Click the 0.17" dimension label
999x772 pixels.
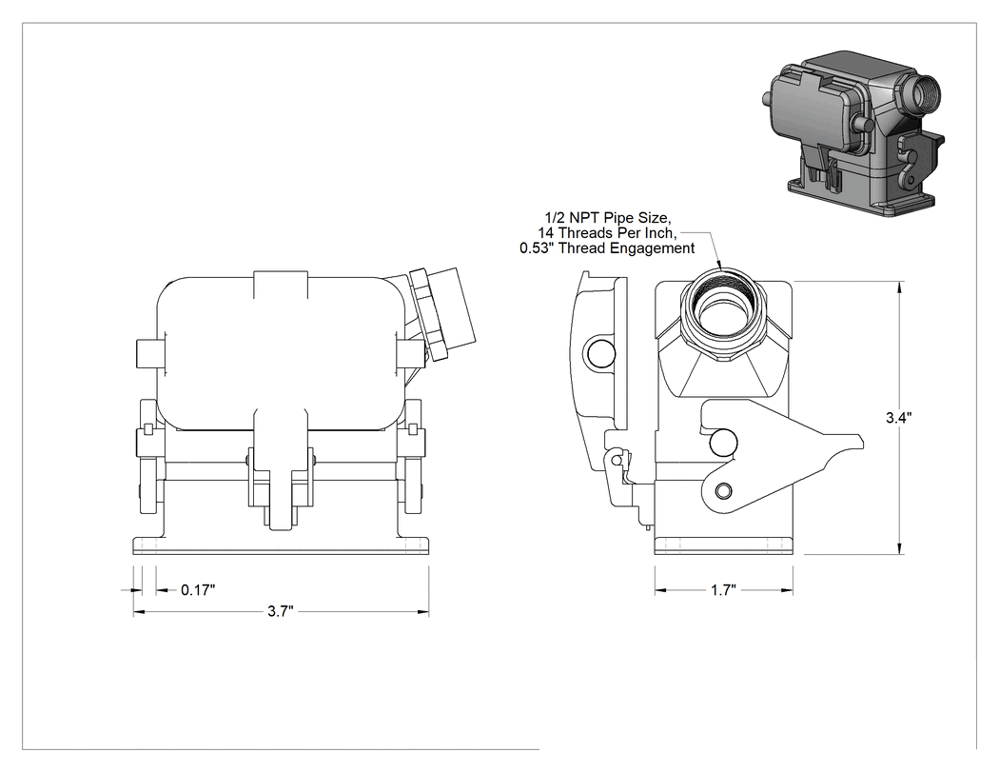(198, 590)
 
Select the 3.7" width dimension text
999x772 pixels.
(281, 612)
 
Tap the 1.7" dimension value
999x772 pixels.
(723, 590)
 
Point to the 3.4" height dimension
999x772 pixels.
(899, 418)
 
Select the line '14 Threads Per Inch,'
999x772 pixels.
(606, 232)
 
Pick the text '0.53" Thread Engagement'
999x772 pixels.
(607, 248)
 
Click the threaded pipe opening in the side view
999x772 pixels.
(722, 313)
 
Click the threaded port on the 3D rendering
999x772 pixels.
(924, 92)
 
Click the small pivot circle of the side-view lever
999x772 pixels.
(723, 491)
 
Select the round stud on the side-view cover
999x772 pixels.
(601, 352)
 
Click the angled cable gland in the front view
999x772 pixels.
(442, 313)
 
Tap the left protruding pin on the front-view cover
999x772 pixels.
(147, 354)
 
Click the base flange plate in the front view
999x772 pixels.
(281, 545)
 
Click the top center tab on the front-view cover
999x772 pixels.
(281, 285)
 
